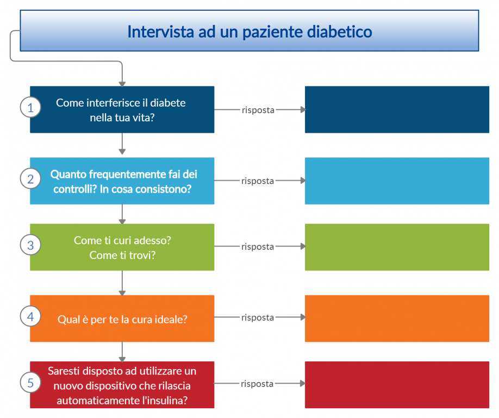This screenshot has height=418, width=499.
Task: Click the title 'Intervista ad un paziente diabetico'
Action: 249,32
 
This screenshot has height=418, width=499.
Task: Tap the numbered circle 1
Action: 30,107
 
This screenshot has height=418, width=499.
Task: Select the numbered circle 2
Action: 30,179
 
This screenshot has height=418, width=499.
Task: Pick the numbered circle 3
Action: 30,245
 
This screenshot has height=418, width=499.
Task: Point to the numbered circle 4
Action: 30,316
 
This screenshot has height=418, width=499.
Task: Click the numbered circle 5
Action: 30,382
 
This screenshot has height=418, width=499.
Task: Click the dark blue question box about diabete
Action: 122,109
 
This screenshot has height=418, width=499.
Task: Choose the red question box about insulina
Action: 122,385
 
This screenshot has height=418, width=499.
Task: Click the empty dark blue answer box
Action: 397,109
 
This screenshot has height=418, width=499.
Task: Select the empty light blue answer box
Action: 397,181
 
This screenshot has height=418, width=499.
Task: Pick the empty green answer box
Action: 397,247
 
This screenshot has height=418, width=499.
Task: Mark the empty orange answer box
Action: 397,318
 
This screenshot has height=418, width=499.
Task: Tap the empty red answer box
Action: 397,385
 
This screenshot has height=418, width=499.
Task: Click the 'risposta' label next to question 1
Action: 258,110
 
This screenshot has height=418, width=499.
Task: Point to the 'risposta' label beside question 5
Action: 257,384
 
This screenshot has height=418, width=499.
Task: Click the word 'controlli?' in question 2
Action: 75,189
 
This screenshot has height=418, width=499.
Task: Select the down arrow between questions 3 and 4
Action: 122,283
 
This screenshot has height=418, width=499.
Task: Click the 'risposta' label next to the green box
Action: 258,247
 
